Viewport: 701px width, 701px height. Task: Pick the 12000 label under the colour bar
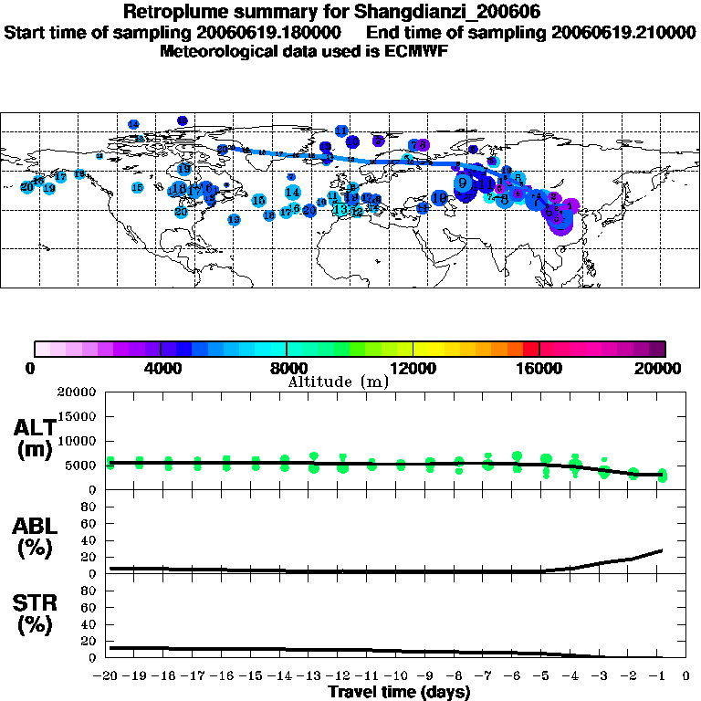click(x=413, y=369)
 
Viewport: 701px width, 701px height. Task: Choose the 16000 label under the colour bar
click(x=539, y=369)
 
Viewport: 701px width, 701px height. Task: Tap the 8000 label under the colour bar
click(x=288, y=369)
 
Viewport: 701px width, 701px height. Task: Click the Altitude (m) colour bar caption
click(x=338, y=382)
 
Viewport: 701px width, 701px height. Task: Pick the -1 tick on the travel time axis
click(x=656, y=677)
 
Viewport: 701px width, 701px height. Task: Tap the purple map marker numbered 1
click(x=570, y=206)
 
